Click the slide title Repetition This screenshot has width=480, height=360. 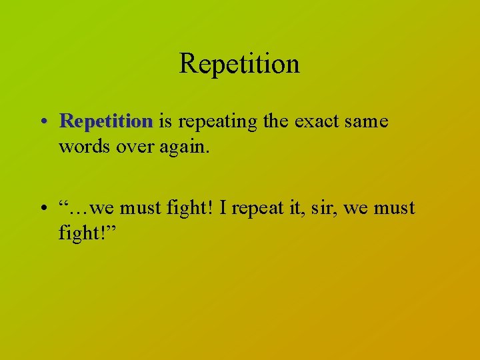239,64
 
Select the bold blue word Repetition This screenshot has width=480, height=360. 106,121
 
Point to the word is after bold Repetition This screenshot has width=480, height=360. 166,121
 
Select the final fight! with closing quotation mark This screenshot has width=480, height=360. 87,235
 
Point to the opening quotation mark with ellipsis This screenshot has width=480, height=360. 73,208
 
